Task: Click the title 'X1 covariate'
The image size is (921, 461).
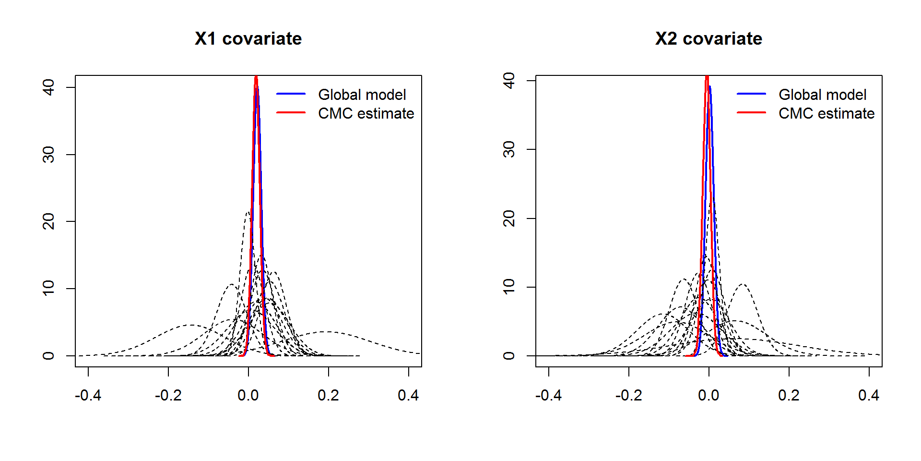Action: [248, 39]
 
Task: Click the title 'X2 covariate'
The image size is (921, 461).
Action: [708, 39]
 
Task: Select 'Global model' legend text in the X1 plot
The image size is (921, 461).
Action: [362, 95]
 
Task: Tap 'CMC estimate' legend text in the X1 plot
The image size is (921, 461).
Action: [366, 113]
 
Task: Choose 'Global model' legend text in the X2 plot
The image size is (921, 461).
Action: [822, 95]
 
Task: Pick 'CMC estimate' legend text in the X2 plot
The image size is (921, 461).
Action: [827, 113]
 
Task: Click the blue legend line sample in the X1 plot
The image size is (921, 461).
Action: [291, 94]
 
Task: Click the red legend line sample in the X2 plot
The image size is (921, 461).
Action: [751, 112]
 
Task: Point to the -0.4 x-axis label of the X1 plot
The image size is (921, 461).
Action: [88, 395]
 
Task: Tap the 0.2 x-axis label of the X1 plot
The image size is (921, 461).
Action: [328, 395]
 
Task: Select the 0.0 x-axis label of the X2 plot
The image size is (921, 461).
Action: [708, 395]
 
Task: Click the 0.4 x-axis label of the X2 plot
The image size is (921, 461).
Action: [869, 395]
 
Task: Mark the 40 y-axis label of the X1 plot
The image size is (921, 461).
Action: [48, 87]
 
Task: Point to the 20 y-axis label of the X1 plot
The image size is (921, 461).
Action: [48, 221]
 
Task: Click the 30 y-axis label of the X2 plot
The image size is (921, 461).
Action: [509, 149]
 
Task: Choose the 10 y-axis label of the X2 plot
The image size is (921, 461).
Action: [509, 287]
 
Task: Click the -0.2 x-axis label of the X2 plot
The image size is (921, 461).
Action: [628, 395]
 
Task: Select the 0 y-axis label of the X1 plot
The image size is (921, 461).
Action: [48, 356]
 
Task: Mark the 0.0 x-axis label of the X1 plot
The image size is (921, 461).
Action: [248, 395]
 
